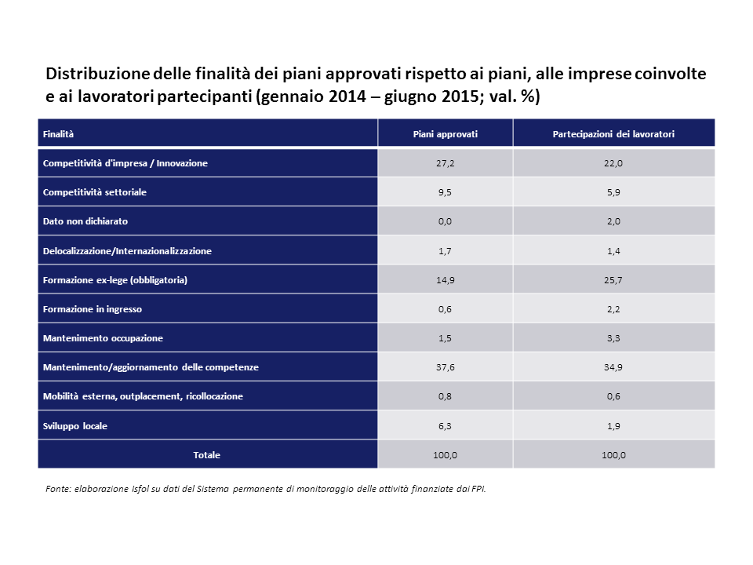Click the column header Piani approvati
(x=445, y=134)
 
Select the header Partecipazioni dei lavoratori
(x=613, y=134)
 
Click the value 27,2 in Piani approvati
(x=445, y=163)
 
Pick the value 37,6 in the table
(x=445, y=366)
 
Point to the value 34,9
(x=613, y=366)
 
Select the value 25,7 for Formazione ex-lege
(x=613, y=279)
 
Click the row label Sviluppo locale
(x=75, y=426)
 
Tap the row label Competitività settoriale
(x=95, y=192)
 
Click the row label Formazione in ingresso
(x=93, y=309)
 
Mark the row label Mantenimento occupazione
(x=103, y=338)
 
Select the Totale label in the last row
(x=207, y=455)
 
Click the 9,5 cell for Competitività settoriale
(x=445, y=192)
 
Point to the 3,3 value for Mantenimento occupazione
(x=613, y=338)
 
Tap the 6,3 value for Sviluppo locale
(x=445, y=426)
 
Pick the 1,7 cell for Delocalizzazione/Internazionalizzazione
(x=445, y=251)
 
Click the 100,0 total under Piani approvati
(x=445, y=455)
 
